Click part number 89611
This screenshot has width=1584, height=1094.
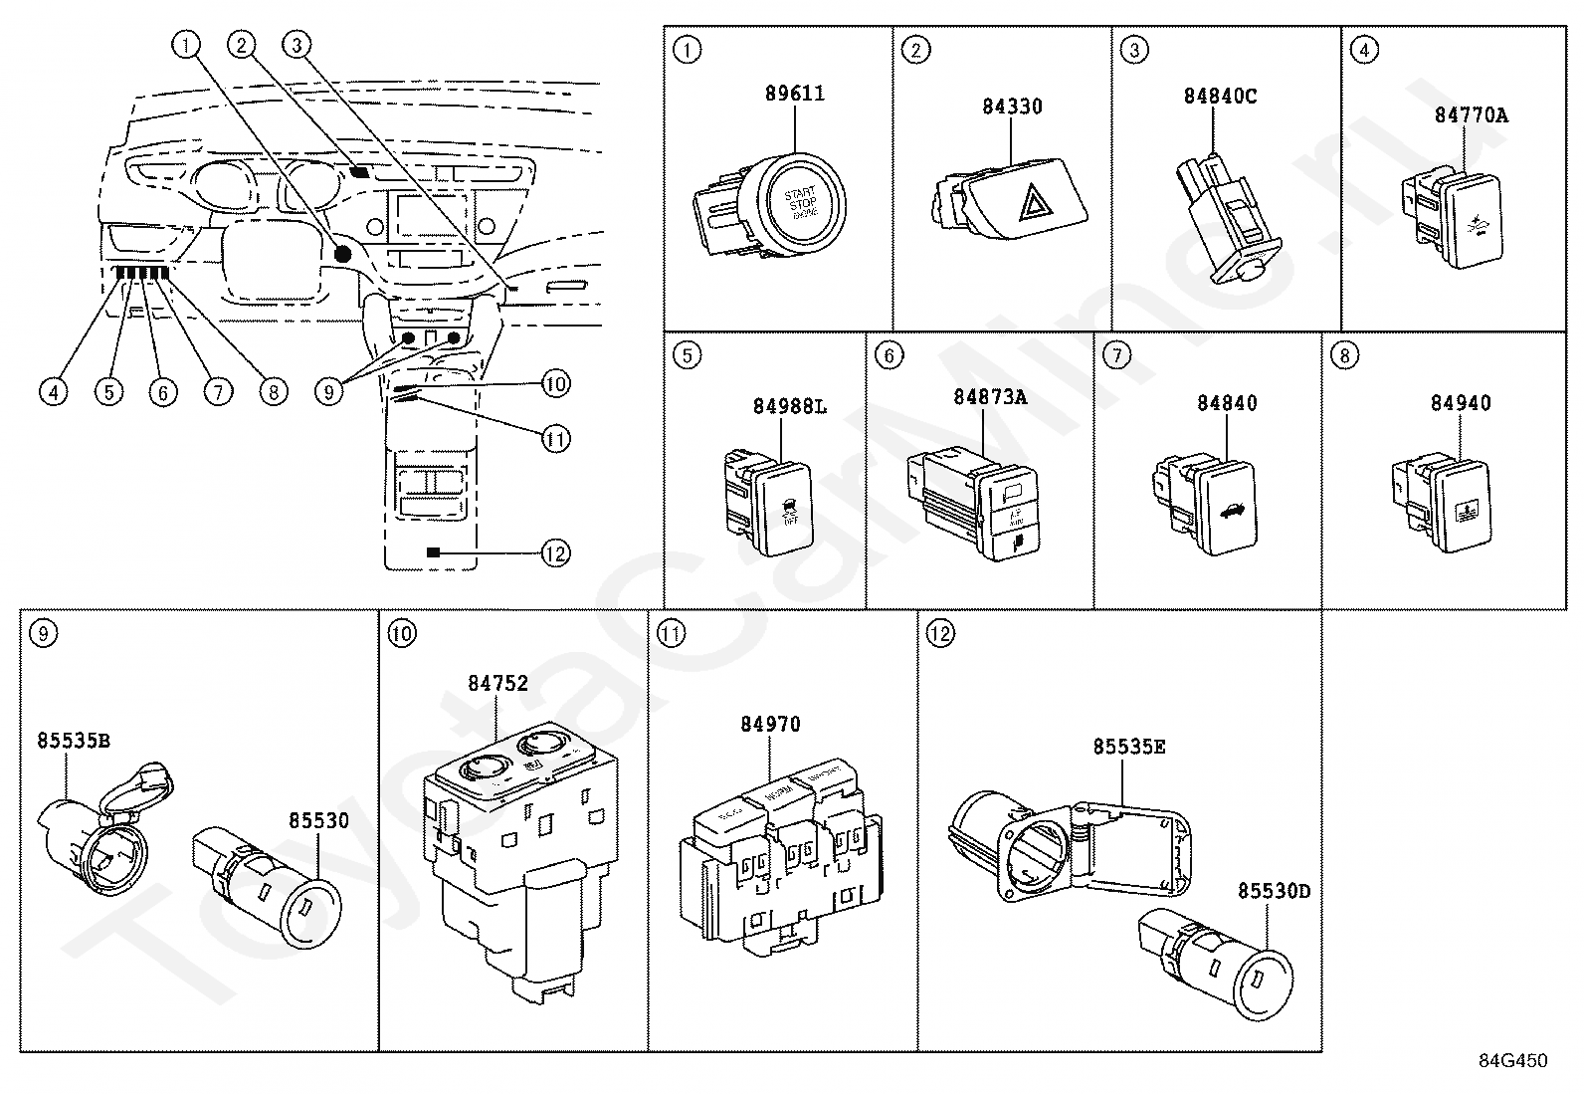(x=794, y=94)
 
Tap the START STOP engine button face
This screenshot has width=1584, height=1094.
(x=802, y=200)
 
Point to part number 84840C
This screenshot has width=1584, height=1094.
(x=1219, y=97)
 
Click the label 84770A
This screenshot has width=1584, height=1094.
(x=1471, y=114)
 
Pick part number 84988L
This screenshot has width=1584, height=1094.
(x=789, y=406)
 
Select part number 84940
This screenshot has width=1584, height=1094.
(x=1460, y=403)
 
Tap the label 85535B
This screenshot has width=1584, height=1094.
(x=74, y=740)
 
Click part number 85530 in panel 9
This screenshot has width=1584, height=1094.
(x=318, y=820)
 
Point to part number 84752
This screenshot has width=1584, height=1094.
(x=497, y=683)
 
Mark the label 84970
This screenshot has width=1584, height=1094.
(x=769, y=725)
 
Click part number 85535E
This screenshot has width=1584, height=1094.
(x=1128, y=747)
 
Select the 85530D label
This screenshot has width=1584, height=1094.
(x=1274, y=890)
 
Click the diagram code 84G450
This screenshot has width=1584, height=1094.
(x=1512, y=1061)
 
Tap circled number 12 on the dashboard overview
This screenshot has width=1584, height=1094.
(x=555, y=552)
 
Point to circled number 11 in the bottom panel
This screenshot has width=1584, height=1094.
(x=673, y=633)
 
